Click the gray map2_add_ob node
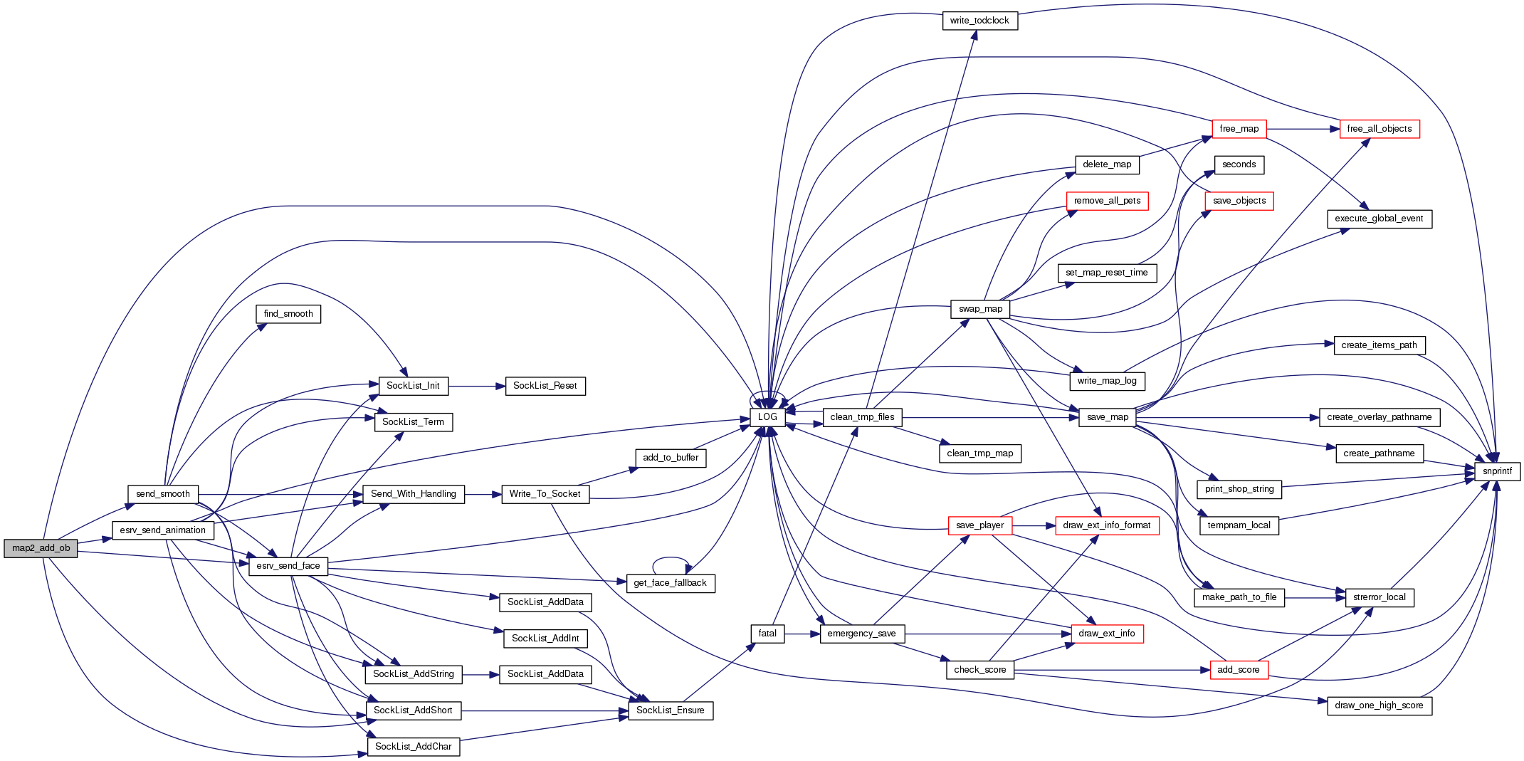41,548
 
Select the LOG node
767,417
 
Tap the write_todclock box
979,21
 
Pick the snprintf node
1497,471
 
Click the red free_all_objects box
1379,129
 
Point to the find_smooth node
288,314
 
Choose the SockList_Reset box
545,386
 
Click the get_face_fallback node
670,583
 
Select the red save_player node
979,525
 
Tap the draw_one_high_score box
1379,705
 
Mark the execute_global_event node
1379,219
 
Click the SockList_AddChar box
413,747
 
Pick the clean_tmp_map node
979,453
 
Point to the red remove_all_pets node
1107,201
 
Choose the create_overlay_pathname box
1379,417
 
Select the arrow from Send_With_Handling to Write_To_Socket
483,494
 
